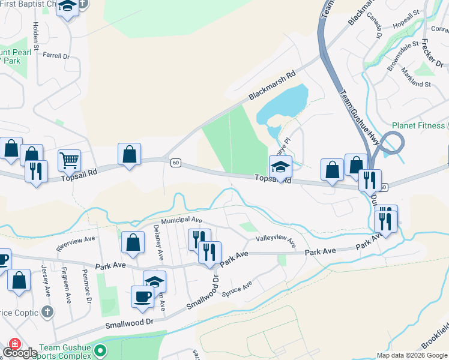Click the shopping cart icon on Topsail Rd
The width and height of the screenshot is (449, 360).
coord(70,160)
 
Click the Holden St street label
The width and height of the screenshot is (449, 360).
coord(36,36)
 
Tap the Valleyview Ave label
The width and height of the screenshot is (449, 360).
coord(276,241)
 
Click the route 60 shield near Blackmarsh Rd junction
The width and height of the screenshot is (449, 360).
coord(175,162)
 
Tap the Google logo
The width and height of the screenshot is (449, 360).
coord(20,353)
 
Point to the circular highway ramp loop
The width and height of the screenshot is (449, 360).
coord(390,145)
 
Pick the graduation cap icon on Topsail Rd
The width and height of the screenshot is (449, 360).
coord(280,167)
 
